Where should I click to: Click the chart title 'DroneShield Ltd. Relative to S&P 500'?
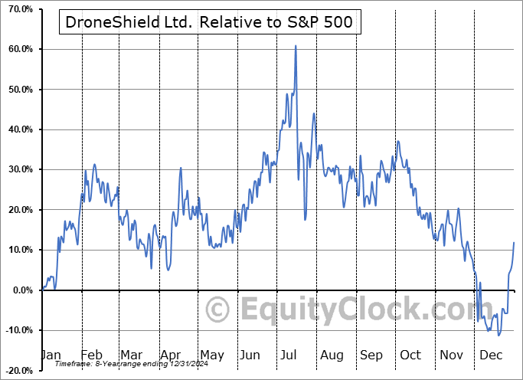[x=209, y=22]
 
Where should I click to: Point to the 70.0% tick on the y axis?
[x=18, y=9]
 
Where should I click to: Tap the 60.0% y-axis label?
[x=18, y=49]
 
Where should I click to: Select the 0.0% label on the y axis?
[x=20, y=290]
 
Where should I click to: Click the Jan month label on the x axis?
[x=51, y=355]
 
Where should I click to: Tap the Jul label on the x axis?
[x=289, y=355]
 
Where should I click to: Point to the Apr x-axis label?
[x=171, y=355]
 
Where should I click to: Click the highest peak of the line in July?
[x=295, y=46]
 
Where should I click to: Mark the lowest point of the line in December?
[x=498, y=335]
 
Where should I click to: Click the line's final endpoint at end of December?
[x=514, y=243]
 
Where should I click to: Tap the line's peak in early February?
[x=94, y=164]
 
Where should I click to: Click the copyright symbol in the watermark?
[x=218, y=310]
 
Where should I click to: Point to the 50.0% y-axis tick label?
[x=18, y=90]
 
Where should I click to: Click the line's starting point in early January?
[x=43, y=289]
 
